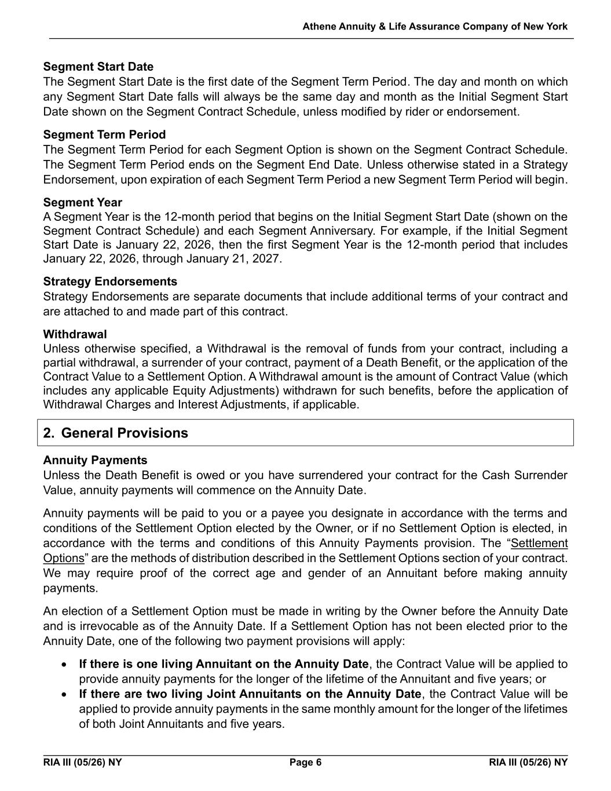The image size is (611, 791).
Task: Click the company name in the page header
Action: coord(435,27)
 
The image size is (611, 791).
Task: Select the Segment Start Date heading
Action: coord(98,67)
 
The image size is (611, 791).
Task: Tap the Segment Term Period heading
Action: coord(104,134)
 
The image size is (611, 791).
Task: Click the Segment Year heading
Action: coord(82,202)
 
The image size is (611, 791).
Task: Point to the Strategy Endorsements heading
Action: coord(110,282)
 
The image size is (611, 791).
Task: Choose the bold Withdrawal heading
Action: coord(75,334)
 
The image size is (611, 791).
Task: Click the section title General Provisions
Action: coord(124,433)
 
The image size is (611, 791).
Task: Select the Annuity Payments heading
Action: coord(95,460)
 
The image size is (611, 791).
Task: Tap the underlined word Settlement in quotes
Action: coord(540,543)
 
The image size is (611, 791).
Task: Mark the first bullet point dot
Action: coord(65,665)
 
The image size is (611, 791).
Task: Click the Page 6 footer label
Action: coord(305,762)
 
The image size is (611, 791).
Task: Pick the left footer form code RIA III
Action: coord(82,762)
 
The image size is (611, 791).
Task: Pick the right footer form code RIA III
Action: coord(528,762)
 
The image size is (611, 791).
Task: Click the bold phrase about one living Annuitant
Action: coord(224,664)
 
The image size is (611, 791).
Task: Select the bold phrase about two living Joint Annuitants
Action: coord(250,694)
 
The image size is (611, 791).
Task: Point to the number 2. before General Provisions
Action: coord(49,433)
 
